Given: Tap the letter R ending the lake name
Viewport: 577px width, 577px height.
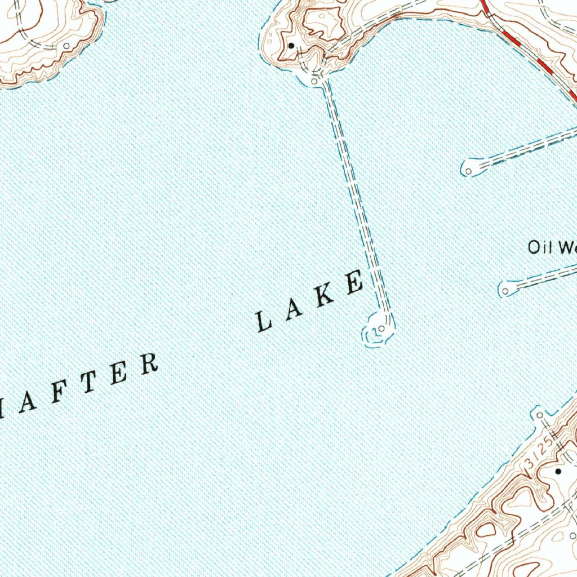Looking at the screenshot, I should coord(148,365).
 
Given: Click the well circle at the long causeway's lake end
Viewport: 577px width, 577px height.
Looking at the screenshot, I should coord(383,329).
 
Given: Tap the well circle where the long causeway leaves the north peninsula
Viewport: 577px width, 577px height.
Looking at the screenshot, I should coord(314,82).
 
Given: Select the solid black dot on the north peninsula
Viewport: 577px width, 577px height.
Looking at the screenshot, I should coord(291,45).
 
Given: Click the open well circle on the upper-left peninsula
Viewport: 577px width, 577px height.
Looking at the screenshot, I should coord(67,45).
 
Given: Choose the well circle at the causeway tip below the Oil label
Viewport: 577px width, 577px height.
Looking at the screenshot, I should coord(505,291).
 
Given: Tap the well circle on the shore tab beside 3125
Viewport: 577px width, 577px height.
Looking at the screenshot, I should coord(540,415).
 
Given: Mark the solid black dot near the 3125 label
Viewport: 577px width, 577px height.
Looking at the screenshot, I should coord(558,471).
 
